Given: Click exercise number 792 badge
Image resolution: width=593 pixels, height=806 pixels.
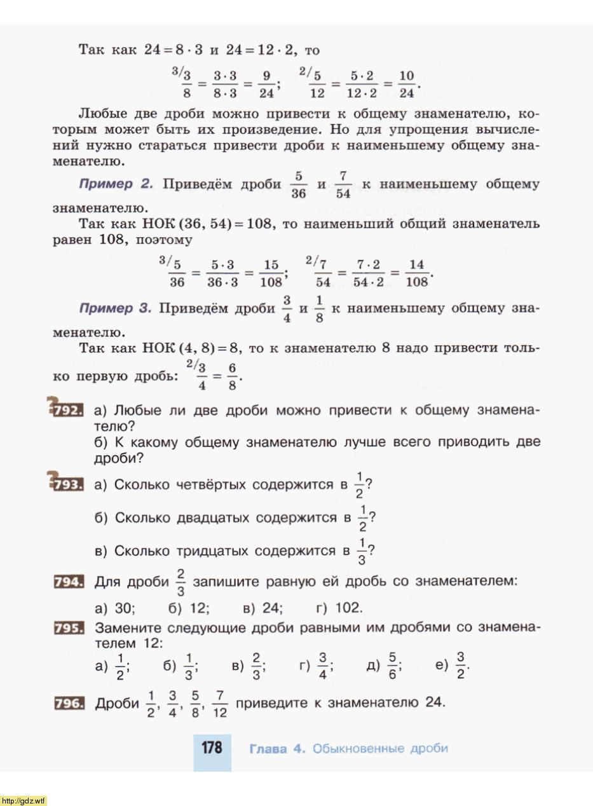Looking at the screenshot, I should click(69, 411).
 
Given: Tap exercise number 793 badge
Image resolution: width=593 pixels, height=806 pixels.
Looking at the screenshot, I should click(69, 485).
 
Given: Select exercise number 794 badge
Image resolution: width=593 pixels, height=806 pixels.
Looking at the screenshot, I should click(69, 581).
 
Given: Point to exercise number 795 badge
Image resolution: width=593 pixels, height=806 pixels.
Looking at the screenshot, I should click(69, 628).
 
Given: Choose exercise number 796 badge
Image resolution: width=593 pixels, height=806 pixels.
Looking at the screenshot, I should click(69, 703).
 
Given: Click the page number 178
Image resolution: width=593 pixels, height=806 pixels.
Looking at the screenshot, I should click(212, 748).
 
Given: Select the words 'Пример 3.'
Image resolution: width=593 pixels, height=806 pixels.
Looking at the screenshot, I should click(115, 308).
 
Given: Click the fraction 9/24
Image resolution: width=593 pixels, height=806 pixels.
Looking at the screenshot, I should click(267, 85).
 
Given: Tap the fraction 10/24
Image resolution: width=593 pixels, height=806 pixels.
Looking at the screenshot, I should click(406, 85).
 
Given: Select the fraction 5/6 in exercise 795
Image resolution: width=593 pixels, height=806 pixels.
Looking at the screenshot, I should click(393, 666).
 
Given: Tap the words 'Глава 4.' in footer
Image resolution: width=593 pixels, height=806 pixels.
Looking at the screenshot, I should click(277, 748).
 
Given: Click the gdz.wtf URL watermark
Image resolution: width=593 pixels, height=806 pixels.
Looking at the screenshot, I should click(24, 800).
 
